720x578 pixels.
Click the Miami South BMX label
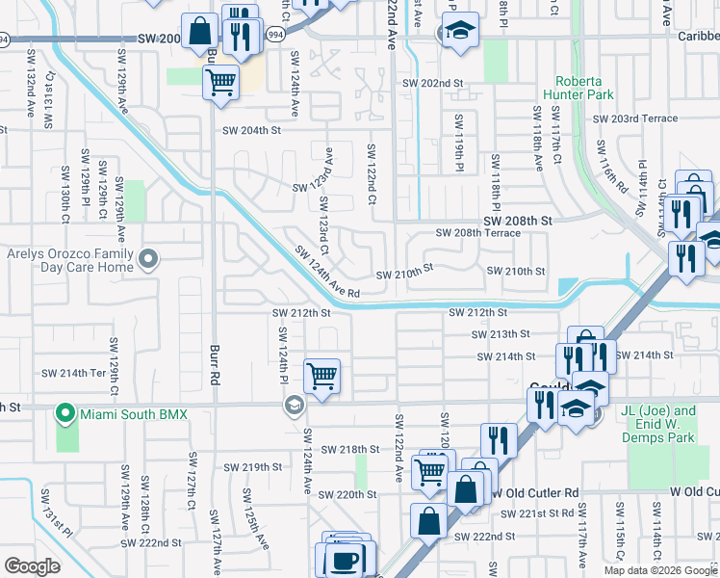click(x=133, y=414)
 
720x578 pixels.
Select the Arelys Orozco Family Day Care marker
click(x=148, y=258)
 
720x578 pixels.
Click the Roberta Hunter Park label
click(x=589, y=90)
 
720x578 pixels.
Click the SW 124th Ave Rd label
click(x=326, y=273)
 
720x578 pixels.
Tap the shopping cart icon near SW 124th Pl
click(x=321, y=376)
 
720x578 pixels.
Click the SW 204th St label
click(x=251, y=130)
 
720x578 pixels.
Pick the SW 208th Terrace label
click(x=478, y=233)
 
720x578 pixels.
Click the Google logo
click(x=32, y=565)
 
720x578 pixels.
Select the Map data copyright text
click(x=660, y=570)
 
